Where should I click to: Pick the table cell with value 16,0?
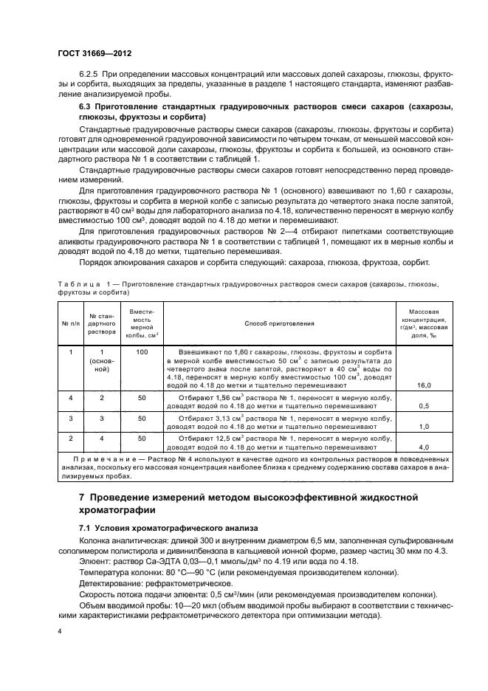[424, 385]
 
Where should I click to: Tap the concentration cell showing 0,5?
[424, 406]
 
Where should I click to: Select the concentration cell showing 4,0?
[424, 447]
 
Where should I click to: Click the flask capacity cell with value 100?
[142, 353]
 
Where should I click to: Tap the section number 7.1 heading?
[86, 528]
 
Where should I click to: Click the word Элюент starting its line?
[95, 562]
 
